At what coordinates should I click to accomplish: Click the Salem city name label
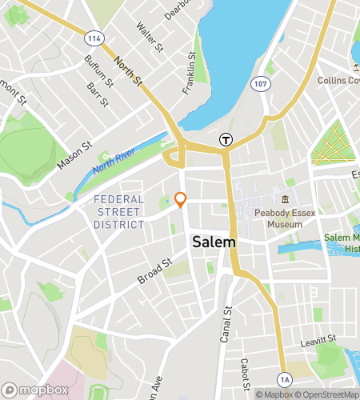tap(214, 242)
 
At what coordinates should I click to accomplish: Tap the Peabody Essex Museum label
tap(278, 218)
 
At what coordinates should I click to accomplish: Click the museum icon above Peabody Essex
tap(283, 199)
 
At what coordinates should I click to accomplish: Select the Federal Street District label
tap(118, 212)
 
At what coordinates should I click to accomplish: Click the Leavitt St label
tap(309, 339)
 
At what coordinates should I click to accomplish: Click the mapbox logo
tap(33, 390)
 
